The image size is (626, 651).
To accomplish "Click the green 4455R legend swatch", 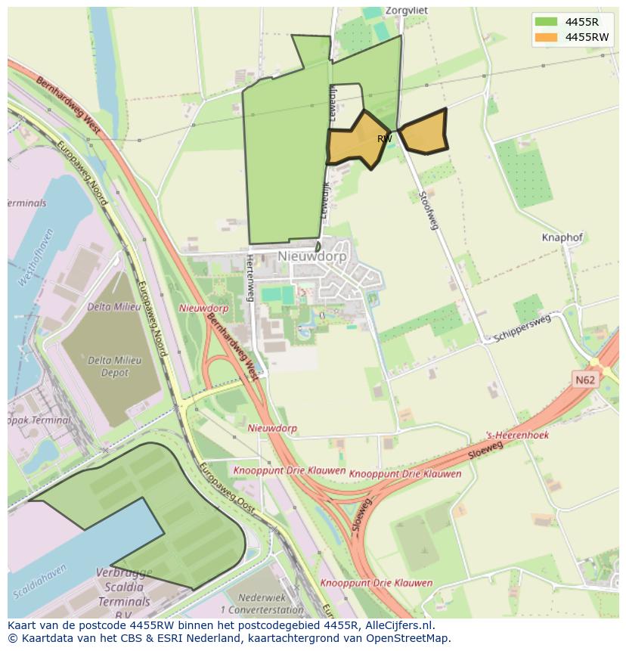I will pyautogui.click(x=545, y=21).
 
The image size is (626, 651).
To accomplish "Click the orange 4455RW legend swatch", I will pyautogui.click(x=545, y=37).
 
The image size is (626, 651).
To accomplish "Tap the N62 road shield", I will pyautogui.click(x=584, y=380).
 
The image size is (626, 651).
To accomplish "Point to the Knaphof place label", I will pyautogui.click(x=562, y=237).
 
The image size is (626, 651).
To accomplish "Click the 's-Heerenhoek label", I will pyautogui.click(x=517, y=436).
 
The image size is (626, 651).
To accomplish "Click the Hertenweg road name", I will pyautogui.click(x=249, y=277).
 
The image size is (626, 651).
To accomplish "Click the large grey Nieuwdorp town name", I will pyautogui.click(x=311, y=256).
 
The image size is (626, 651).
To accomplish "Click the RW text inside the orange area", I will pyautogui.click(x=384, y=139).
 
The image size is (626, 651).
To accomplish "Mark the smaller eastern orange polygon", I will pyautogui.click(x=424, y=134).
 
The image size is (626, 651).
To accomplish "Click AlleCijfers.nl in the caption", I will pyautogui.click(x=396, y=625).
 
